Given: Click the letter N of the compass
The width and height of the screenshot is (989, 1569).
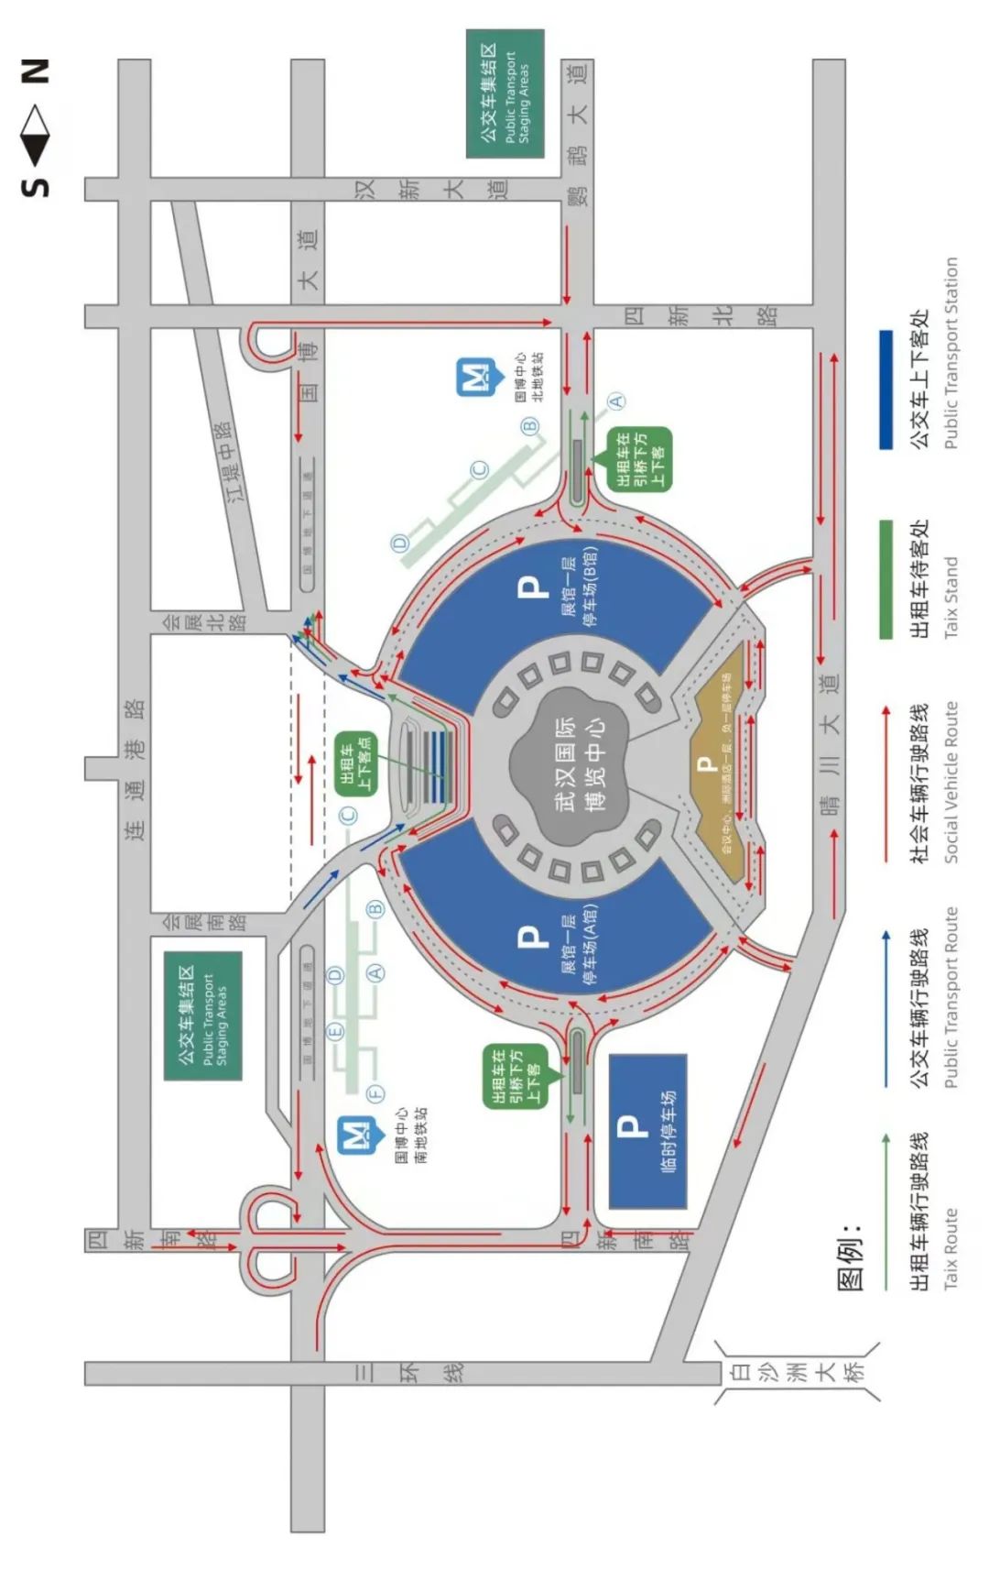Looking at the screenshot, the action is pyautogui.click(x=35, y=71).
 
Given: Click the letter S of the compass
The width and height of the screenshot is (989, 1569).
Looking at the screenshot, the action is pyautogui.click(x=35, y=185).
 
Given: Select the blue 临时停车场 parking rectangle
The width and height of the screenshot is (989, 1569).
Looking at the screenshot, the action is pyautogui.click(x=647, y=1130).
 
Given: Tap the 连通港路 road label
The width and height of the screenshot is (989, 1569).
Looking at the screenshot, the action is pyautogui.click(x=135, y=770).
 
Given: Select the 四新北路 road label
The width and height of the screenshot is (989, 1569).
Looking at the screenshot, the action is pyautogui.click(x=701, y=315).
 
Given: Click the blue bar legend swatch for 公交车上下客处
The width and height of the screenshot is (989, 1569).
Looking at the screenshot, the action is pyautogui.click(x=886, y=390).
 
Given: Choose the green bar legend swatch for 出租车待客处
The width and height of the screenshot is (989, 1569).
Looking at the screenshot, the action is pyautogui.click(x=886, y=579).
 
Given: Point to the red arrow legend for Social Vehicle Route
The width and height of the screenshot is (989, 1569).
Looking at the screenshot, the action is pyautogui.click(x=886, y=784).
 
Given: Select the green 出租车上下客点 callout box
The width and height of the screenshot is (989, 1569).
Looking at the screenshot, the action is pyautogui.click(x=355, y=763).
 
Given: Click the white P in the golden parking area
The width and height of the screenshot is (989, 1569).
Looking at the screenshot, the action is pyautogui.click(x=705, y=763).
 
